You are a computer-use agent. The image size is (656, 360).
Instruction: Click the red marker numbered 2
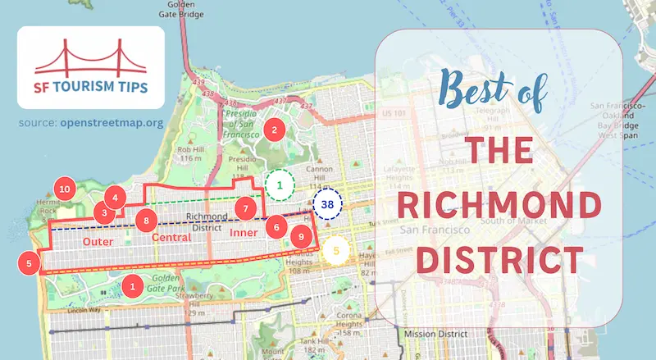click(274, 129)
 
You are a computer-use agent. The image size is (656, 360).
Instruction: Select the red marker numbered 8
click(146, 220)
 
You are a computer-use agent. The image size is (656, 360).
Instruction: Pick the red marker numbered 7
click(244, 208)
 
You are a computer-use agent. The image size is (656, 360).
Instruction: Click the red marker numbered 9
click(302, 237)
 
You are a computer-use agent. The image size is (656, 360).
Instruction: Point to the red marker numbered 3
click(104, 212)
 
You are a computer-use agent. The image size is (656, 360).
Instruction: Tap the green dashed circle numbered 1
click(280, 185)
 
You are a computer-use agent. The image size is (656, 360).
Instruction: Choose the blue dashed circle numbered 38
click(327, 204)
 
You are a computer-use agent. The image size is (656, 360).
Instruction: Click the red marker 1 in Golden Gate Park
click(131, 285)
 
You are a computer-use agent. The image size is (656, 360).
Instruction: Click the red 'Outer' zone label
click(98, 242)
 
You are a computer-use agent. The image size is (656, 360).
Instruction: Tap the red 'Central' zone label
click(171, 238)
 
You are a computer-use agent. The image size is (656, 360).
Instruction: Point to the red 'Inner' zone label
click(244, 234)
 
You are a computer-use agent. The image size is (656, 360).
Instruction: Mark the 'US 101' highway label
click(395, 112)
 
